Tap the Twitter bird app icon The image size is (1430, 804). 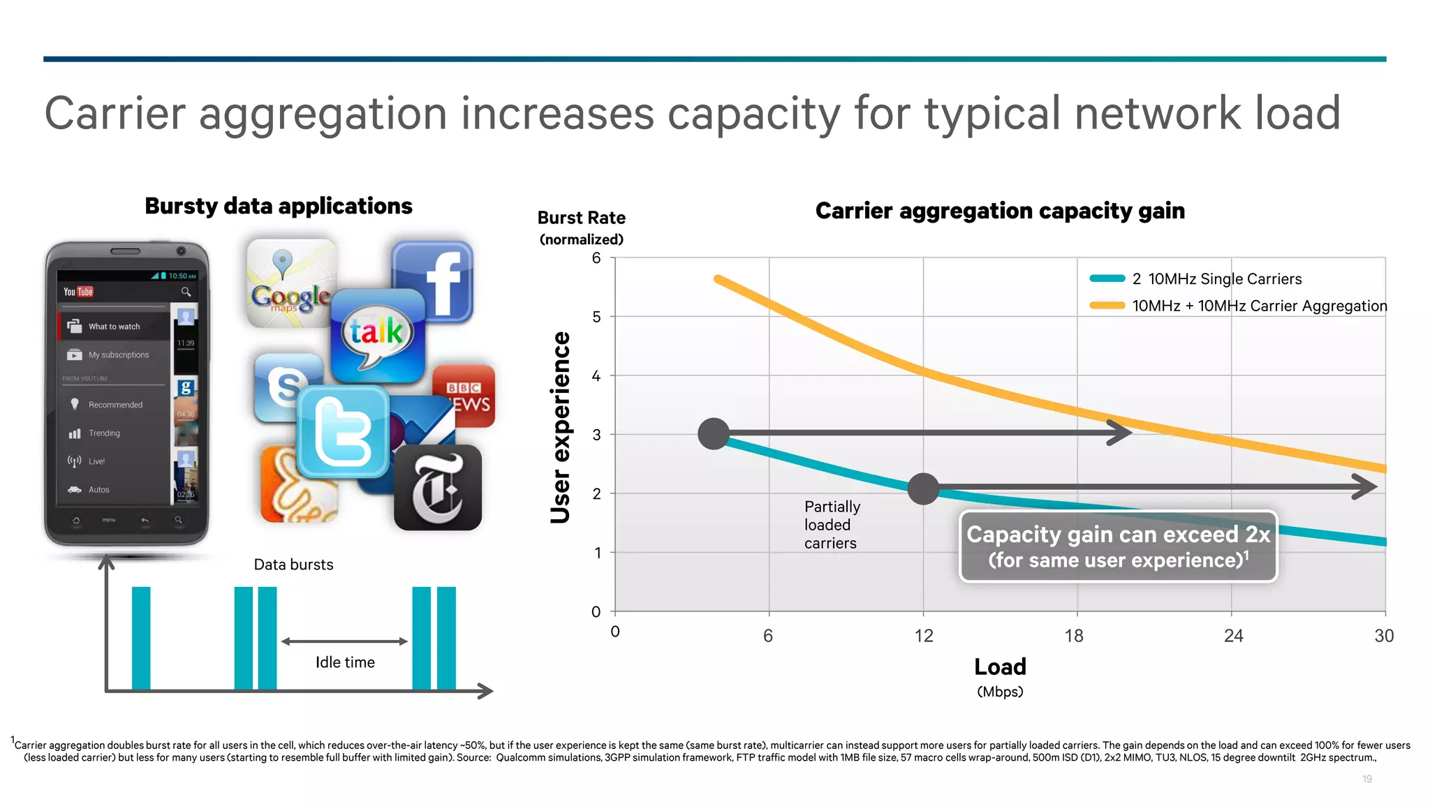click(x=343, y=432)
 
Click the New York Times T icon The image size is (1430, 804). click(x=438, y=488)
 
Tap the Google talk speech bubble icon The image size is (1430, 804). click(x=378, y=336)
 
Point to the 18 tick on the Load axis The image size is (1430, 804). click(x=1075, y=635)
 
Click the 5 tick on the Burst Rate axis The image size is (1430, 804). click(x=596, y=317)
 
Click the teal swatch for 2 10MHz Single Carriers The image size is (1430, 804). click(x=1107, y=278)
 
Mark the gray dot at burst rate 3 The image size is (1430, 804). click(x=714, y=434)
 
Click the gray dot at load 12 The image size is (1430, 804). click(x=923, y=489)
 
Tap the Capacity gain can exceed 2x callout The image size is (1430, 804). click(x=1118, y=546)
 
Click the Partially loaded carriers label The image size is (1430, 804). click(x=832, y=525)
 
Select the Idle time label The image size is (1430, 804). click(x=345, y=662)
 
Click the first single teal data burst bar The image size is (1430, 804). click(x=141, y=638)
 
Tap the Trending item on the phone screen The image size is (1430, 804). click(x=104, y=433)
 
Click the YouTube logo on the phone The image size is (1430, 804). click(x=78, y=292)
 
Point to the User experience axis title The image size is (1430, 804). click(x=561, y=427)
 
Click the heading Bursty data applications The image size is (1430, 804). click(x=279, y=206)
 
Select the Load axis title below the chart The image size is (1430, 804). click(x=1000, y=667)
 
